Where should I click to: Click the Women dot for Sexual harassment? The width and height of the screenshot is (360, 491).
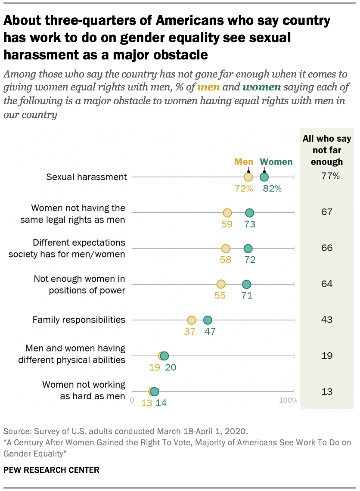pos(264,177)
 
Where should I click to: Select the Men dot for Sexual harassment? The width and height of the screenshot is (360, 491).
pos(248,177)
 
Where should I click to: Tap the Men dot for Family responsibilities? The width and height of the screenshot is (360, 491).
pos(192,320)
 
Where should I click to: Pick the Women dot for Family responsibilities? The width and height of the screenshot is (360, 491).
pos(208,320)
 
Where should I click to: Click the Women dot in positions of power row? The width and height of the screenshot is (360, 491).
pos(246,284)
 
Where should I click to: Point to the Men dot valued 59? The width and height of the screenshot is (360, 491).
pos(227,213)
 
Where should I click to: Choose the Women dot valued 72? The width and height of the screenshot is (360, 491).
pos(248,249)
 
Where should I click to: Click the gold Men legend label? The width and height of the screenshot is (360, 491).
pos(244,162)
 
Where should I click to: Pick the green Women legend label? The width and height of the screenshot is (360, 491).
pos(276,162)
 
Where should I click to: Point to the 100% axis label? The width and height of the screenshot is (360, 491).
pos(288,401)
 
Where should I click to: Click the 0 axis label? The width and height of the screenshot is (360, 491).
pos(132,401)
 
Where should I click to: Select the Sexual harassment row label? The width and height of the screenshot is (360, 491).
pos(87,177)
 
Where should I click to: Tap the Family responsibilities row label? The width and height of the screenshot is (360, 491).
pos(79,320)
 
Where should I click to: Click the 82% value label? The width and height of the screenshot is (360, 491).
pos(272,188)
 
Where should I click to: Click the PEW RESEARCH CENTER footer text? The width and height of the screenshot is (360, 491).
pos(51,470)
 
